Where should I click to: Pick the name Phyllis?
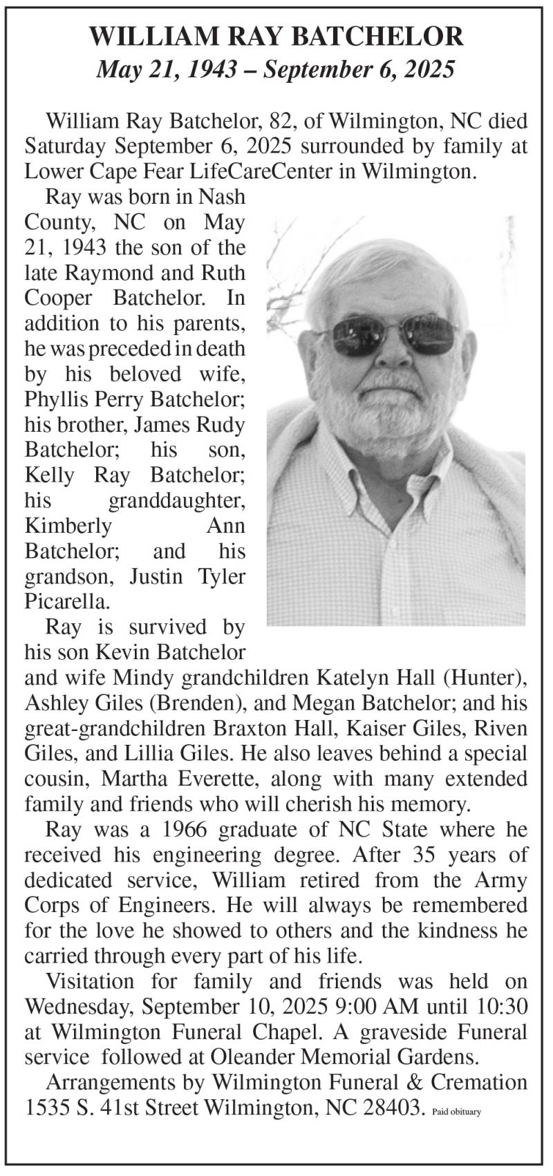(x=53, y=399)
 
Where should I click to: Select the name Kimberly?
(x=68, y=526)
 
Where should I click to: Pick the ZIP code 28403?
(x=389, y=1108)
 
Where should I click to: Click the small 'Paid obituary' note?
(x=456, y=1112)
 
